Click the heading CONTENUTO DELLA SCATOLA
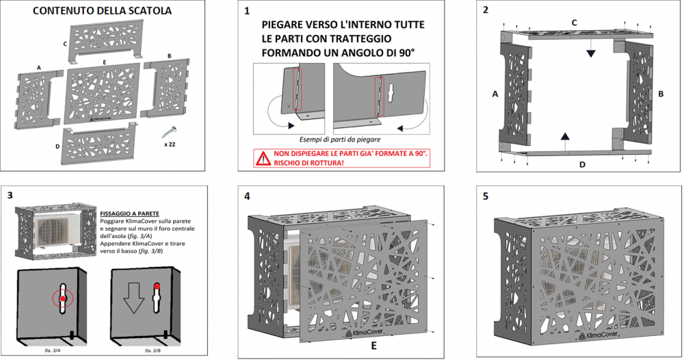pos(102,11)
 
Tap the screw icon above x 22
pos(167,130)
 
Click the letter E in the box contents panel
pos(103,62)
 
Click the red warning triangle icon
pos(263,159)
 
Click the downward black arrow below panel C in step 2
pos(590,52)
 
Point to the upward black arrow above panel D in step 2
pos(564,138)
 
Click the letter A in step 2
pos(495,94)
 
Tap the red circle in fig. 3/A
pos(62,299)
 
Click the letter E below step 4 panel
pos(373,346)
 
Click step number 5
pos(486,196)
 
